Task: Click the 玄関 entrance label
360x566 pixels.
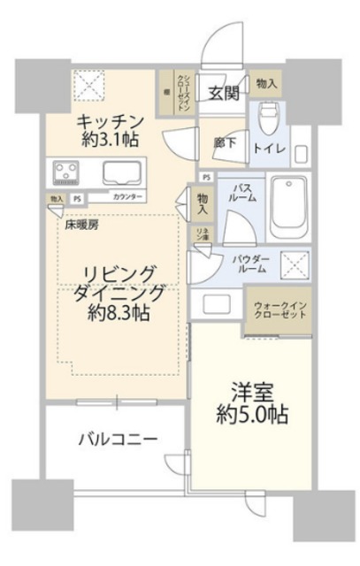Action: (x=221, y=91)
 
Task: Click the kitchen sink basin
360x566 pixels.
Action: (x=124, y=172)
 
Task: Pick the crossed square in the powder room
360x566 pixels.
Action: (x=295, y=264)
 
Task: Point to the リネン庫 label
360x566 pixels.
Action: (x=202, y=236)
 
